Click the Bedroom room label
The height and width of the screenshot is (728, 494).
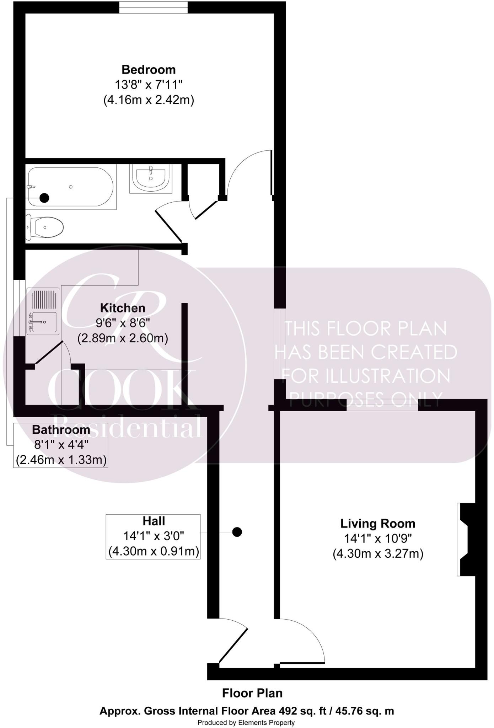point(149,69)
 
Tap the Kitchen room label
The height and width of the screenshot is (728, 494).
point(123,308)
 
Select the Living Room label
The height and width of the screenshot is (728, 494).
point(378,524)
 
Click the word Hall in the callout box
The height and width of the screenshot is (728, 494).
point(154,521)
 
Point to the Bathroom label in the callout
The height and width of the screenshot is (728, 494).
point(61,430)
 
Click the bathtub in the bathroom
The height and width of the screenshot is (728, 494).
point(71,187)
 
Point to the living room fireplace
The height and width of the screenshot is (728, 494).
point(466,539)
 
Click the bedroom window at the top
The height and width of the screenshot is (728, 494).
point(153,7)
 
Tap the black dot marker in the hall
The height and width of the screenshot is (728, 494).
point(237,532)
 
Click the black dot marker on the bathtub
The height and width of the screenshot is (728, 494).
point(44,198)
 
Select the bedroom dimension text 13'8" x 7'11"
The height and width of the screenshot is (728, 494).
point(149,85)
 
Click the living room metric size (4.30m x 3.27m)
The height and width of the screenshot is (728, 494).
point(378,554)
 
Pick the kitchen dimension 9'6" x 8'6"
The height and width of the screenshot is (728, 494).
point(123,323)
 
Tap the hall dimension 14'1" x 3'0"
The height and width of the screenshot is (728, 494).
point(154,536)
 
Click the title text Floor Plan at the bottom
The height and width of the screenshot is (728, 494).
point(252,693)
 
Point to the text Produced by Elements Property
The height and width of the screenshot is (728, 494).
point(246,722)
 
